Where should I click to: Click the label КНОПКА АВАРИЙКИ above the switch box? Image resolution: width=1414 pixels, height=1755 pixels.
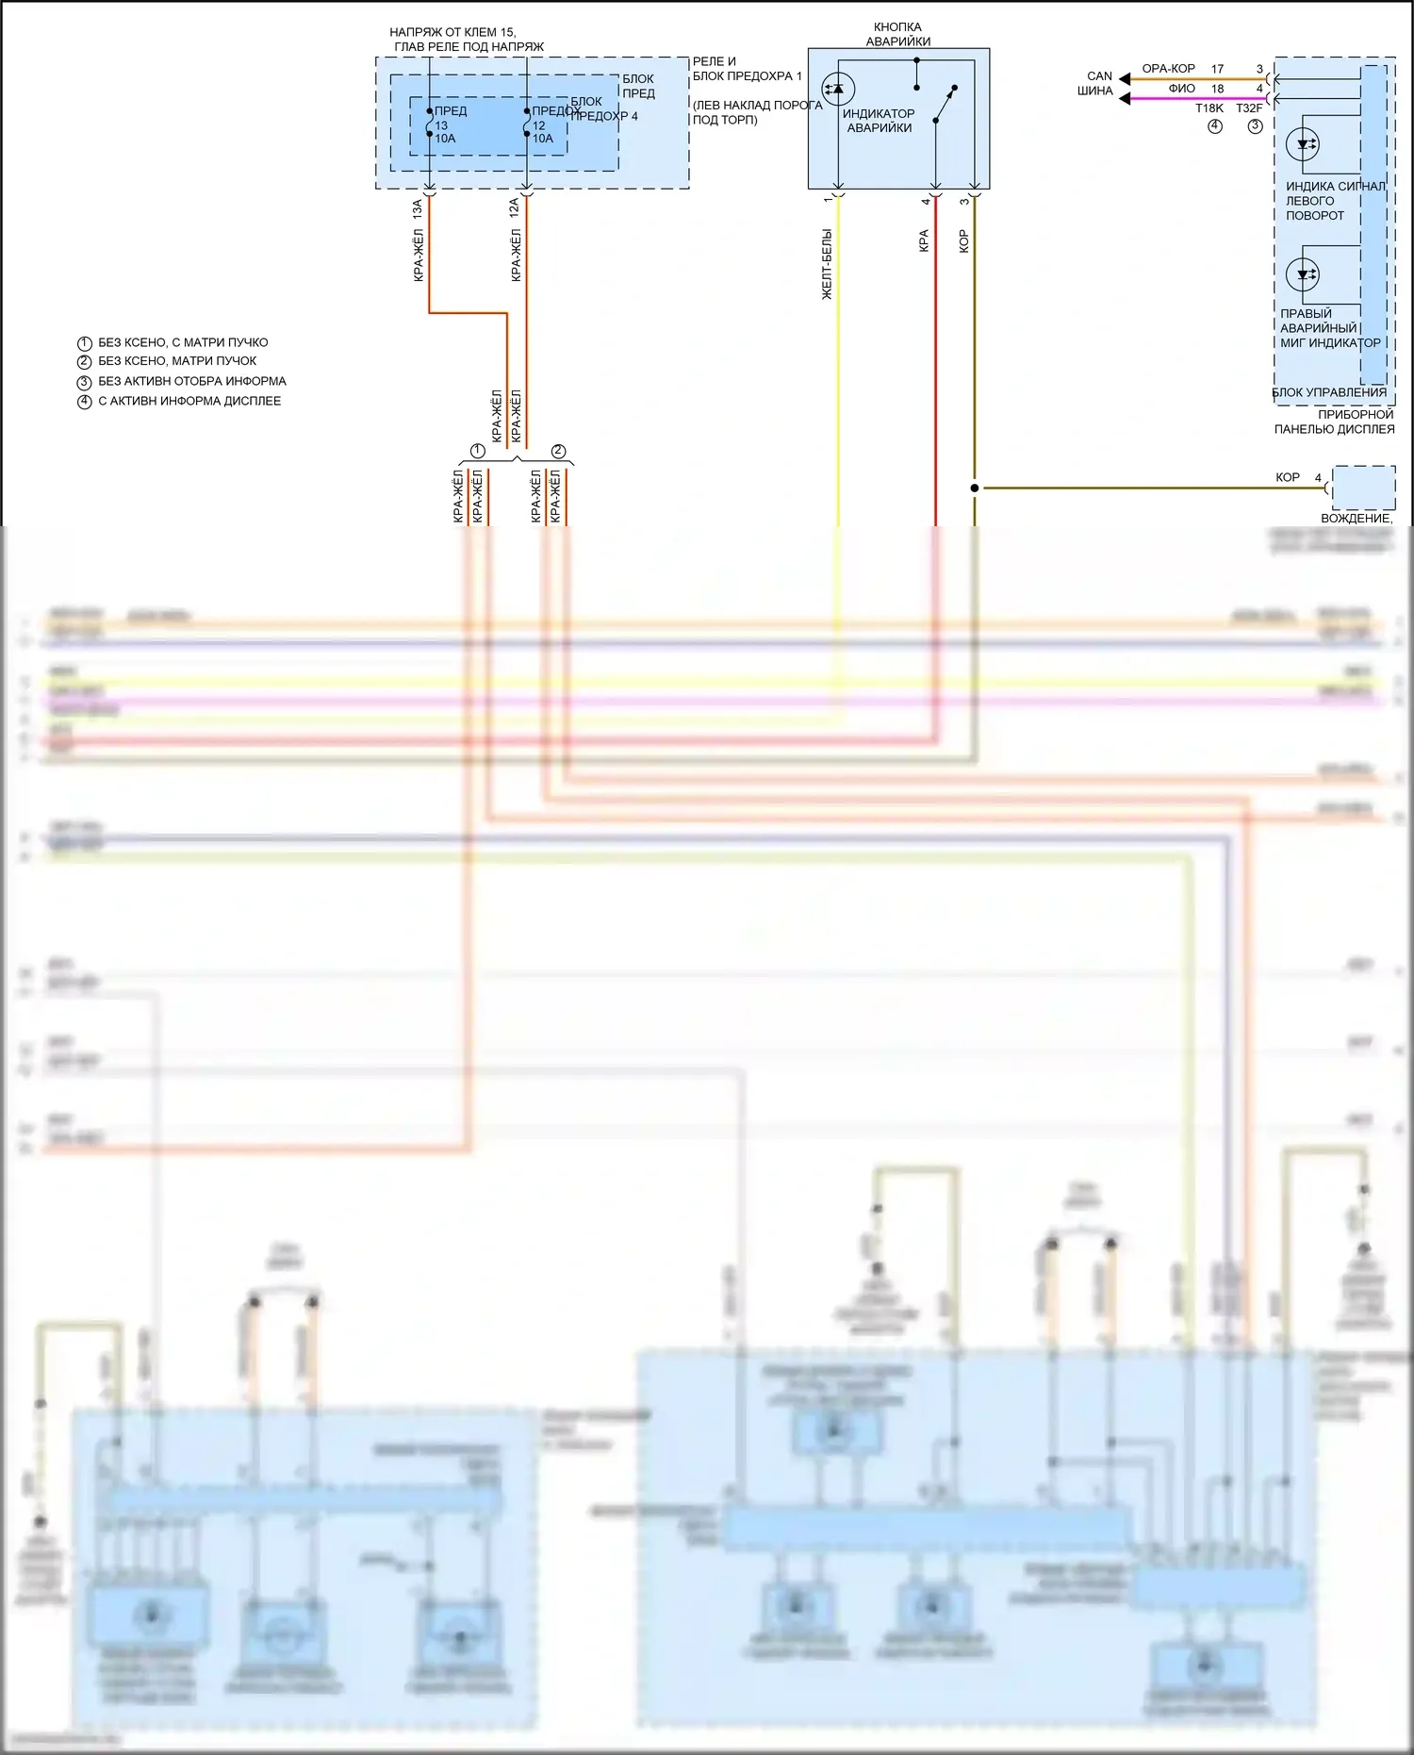897,34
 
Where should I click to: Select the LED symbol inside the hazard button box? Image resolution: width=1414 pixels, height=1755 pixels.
837,89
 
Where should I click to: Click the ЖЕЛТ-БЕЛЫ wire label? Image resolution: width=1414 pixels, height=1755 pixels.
827,264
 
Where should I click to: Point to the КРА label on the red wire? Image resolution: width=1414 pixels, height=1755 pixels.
924,240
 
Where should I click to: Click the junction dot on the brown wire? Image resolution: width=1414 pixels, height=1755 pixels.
975,488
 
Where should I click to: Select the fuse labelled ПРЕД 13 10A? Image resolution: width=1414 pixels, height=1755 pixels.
430,124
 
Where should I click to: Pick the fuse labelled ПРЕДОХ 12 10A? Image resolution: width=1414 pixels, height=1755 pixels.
527,124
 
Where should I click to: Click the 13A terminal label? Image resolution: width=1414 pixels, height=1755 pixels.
418,209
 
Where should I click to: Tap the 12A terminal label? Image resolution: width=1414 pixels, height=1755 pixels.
515,209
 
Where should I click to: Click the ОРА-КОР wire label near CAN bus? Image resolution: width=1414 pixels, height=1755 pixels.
1168,69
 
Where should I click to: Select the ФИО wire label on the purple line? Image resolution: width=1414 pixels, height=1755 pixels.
1181,89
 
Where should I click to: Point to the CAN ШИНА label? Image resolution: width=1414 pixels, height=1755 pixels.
1096,84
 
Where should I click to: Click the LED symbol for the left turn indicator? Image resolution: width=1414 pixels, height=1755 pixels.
1304,144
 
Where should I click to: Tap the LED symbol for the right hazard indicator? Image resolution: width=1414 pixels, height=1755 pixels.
1304,274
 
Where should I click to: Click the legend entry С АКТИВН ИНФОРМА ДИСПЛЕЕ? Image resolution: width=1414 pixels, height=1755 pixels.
189,401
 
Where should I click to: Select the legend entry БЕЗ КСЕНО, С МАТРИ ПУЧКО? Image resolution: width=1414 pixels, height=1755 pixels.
183,342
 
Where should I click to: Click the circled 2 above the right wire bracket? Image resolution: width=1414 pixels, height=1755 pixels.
558,451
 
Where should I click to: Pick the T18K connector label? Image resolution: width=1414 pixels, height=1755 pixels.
1209,108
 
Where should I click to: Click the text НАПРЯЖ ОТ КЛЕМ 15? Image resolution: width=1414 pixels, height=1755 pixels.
452,32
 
